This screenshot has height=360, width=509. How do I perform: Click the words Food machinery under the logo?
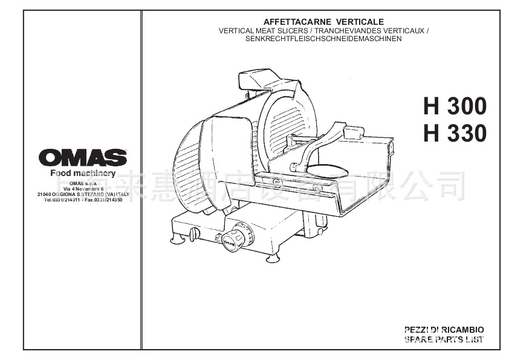point(83,174)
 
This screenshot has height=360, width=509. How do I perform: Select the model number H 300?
point(455,106)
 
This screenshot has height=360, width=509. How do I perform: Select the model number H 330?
point(455,134)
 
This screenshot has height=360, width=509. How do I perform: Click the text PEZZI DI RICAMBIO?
point(444,330)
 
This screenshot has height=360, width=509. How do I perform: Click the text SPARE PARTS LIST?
point(444,339)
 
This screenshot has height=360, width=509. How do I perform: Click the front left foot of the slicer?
point(178,240)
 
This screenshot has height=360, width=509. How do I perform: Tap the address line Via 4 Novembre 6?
point(83,189)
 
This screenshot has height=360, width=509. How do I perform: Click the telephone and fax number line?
point(83,199)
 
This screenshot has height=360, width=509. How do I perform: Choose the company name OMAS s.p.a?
point(83,183)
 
